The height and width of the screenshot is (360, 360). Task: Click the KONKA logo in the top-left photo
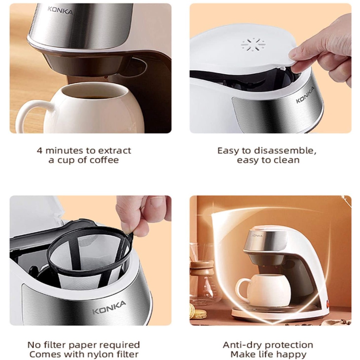[x=60, y=10]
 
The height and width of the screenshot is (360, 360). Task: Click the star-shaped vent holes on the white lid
[x=253, y=44]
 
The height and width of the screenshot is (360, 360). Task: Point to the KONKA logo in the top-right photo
[x=305, y=95]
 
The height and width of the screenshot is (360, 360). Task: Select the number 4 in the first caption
[x=39, y=151]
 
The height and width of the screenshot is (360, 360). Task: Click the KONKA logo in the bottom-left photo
[x=109, y=307]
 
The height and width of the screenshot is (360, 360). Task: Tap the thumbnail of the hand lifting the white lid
[x=270, y=68]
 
